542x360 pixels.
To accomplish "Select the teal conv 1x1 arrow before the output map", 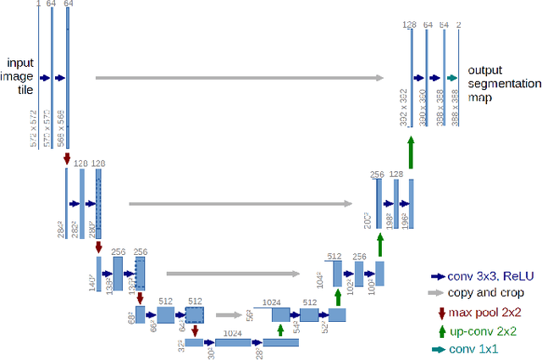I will (452, 78).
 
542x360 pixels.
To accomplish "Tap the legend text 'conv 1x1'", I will (474, 349).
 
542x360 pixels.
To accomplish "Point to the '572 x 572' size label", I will (34, 127).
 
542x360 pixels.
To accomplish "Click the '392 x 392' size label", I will (402, 108).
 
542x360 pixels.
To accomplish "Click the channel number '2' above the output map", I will (458, 25).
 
